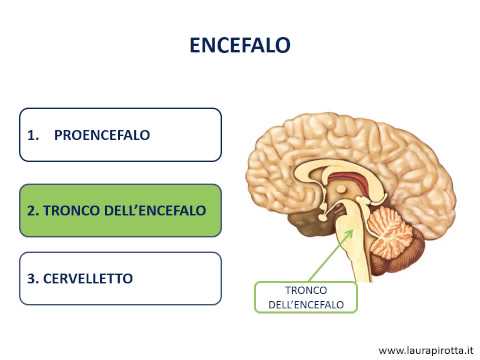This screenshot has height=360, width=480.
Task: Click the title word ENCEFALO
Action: (x=240, y=46)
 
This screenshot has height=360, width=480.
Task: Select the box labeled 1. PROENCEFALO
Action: (x=119, y=135)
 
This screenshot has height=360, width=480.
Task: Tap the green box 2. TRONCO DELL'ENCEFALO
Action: (x=119, y=211)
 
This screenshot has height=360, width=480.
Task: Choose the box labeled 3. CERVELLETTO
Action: (x=119, y=277)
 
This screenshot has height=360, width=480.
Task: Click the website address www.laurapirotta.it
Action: (x=424, y=349)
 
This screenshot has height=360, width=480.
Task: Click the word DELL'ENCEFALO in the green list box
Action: (x=151, y=211)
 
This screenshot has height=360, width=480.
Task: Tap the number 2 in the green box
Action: (x=32, y=211)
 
